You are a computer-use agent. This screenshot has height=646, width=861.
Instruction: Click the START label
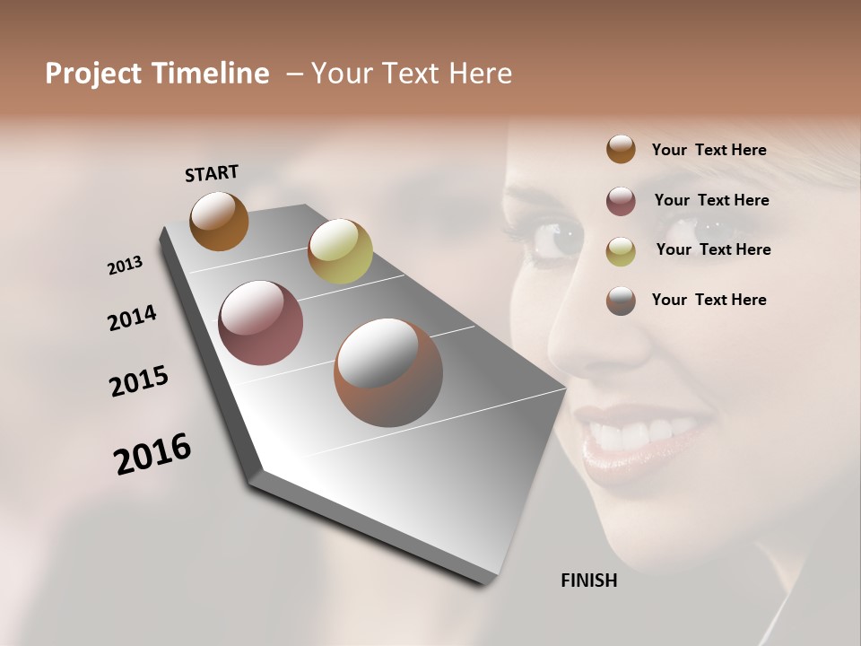pyautogui.click(x=212, y=173)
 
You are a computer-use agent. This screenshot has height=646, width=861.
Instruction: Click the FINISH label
pyautogui.click(x=588, y=581)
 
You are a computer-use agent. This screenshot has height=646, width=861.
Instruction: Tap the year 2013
pyautogui.click(x=125, y=266)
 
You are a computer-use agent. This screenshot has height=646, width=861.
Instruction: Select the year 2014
pyautogui.click(x=132, y=319)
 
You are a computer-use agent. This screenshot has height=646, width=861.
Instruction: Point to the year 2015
pyautogui.click(x=139, y=381)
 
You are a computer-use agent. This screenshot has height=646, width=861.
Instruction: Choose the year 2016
pyautogui.click(x=152, y=454)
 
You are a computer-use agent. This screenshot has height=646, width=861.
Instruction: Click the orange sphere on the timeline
pyautogui.click(x=219, y=221)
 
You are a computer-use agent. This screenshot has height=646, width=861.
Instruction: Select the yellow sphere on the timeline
pyautogui.click(x=340, y=250)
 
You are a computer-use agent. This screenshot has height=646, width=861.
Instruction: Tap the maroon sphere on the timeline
pyautogui.click(x=260, y=323)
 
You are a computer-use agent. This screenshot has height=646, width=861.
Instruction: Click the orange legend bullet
pyautogui.click(x=621, y=150)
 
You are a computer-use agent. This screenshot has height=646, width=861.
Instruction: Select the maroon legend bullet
pyautogui.click(x=621, y=201)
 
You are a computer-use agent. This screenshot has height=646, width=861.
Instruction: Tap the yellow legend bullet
pyautogui.click(x=621, y=251)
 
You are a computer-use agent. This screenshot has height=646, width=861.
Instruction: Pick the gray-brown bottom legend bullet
pyautogui.click(x=621, y=301)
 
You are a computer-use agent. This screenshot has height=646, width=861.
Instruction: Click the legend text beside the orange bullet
pyautogui.click(x=709, y=150)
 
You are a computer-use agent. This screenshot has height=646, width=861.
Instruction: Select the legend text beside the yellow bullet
pyautogui.click(x=713, y=249)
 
